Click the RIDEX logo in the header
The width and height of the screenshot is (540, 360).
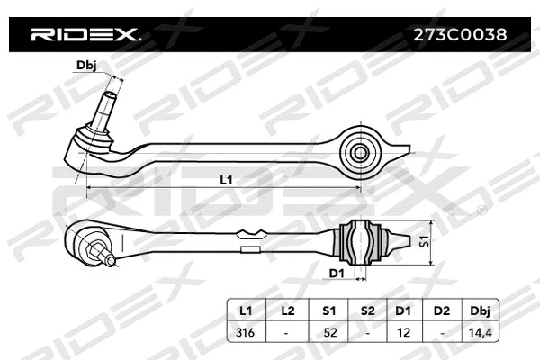85,36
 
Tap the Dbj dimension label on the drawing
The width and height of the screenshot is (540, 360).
85,64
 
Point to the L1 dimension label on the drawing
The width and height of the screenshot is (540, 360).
226,180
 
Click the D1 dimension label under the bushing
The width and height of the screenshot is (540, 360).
337,272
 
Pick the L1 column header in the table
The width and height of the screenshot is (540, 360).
244,310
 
